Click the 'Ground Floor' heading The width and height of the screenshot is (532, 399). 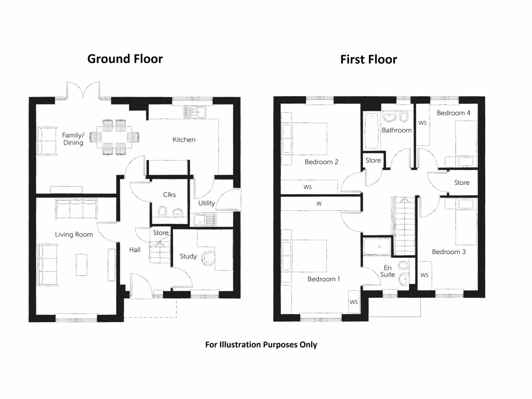125,59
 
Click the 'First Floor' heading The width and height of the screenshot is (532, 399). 368,60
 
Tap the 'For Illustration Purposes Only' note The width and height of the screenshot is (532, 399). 261,344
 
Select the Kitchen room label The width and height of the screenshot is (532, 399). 184,140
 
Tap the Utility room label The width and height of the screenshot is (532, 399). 206,203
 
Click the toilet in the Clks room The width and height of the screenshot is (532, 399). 162,211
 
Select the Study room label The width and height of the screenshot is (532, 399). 188,256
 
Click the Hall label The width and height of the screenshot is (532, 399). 135,250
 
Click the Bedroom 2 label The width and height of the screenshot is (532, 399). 322,162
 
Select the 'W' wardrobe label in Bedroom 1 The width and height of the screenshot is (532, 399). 319,204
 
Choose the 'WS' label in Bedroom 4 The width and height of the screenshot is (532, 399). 422,124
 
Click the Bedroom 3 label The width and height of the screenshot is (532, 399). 448,252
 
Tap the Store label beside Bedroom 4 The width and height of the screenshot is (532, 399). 461,183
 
